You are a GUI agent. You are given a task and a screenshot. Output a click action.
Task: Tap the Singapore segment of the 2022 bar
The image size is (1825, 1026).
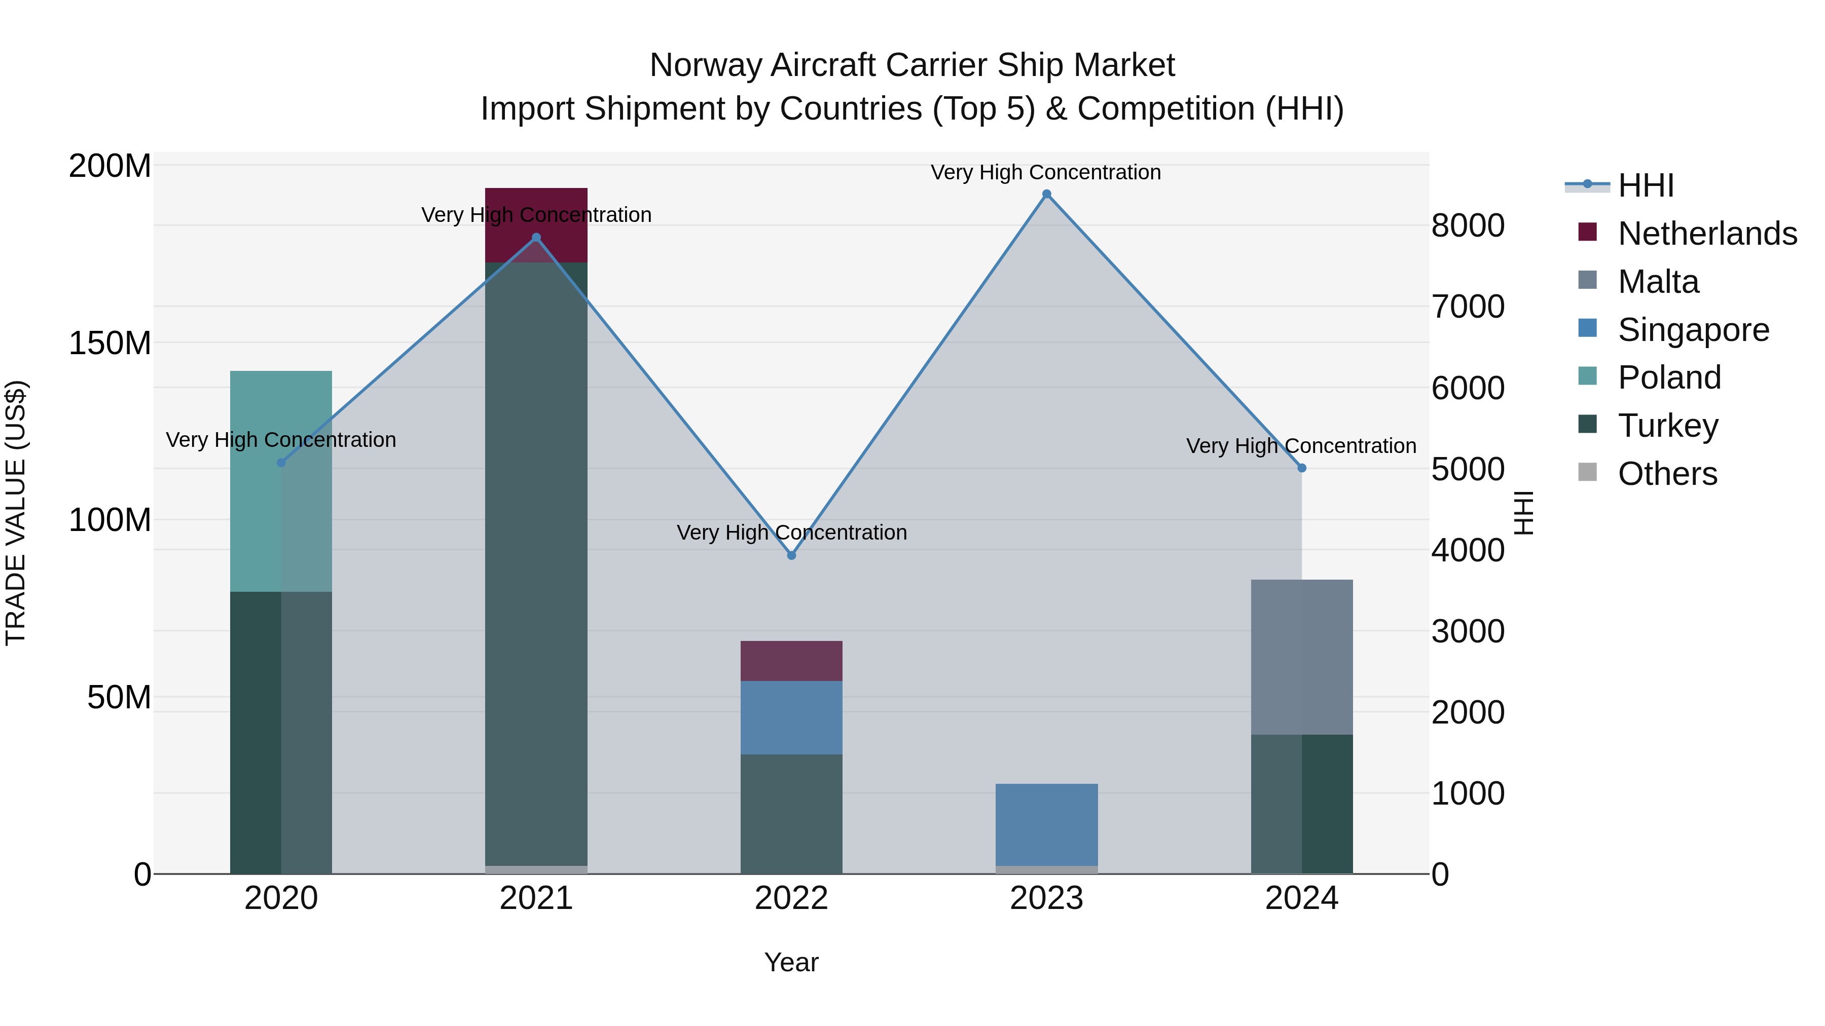coord(791,717)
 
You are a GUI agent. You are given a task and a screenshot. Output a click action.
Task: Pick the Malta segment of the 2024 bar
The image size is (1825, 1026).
coord(1301,657)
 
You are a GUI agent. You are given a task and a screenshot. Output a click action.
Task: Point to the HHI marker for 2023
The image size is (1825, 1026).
coord(1046,194)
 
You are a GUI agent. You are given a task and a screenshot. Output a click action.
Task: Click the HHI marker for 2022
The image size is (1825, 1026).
coord(791,555)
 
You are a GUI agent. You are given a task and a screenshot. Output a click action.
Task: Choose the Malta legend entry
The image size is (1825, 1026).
coord(1658,282)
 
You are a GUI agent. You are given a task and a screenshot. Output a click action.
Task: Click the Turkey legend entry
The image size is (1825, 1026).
coord(1668,426)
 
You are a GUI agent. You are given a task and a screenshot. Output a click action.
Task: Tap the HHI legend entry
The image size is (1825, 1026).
coord(1645,185)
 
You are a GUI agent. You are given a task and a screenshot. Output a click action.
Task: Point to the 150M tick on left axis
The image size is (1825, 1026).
coord(110,344)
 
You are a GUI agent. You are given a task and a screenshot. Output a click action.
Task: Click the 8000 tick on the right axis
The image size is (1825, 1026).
coord(1467,226)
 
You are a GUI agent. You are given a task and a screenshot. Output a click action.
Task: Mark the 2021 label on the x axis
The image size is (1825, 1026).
coord(536,898)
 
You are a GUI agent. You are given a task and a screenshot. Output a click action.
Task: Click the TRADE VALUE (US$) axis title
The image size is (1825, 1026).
coord(16,513)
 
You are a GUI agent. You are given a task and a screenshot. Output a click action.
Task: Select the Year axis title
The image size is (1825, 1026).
coord(791,962)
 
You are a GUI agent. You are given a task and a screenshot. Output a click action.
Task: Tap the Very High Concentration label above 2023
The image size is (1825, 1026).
coord(1046,172)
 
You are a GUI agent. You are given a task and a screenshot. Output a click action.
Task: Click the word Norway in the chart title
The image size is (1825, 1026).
coord(706,65)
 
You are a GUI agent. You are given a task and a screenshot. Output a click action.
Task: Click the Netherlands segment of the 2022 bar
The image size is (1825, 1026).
coord(791,661)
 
